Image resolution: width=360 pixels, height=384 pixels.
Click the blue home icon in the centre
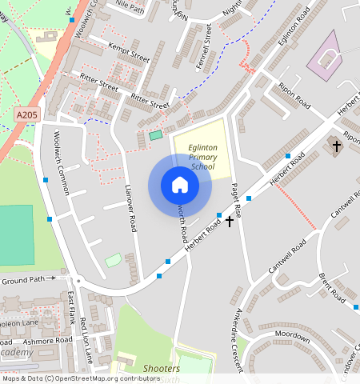pos(180,185)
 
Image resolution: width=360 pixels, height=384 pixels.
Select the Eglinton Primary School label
pos(202,157)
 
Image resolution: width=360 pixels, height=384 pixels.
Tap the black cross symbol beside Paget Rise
pos(230,220)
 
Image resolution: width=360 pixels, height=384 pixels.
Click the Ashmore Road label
pos(48,340)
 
